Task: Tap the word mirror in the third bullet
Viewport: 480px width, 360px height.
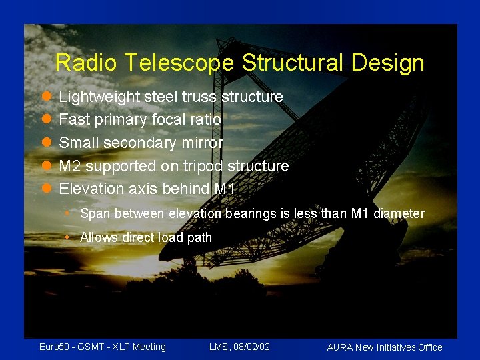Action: pos(203,143)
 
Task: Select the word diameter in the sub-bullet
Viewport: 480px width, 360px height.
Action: pos(399,214)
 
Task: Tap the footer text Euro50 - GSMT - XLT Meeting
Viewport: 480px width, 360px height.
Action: pos(103,347)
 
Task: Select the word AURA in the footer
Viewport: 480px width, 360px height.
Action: pos(341,347)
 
